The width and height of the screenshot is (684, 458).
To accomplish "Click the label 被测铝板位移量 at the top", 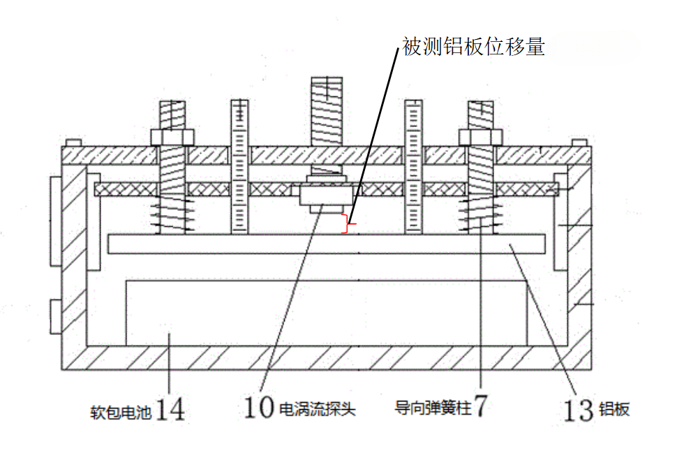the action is click(473, 46).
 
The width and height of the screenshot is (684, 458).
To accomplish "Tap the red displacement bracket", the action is click(348, 224).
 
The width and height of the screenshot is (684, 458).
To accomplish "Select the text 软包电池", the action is click(121, 412).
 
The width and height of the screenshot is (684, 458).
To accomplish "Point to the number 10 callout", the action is click(259, 408).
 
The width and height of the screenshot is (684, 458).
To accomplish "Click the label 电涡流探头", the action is click(317, 409).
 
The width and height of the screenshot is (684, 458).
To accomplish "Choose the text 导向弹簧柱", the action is click(433, 408).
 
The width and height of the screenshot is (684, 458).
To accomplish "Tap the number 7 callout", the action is click(480, 406).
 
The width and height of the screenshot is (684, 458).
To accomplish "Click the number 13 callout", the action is click(579, 411).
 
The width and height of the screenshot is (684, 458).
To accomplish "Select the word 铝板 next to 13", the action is click(614, 409).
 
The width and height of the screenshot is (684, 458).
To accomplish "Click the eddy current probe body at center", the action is click(327, 195).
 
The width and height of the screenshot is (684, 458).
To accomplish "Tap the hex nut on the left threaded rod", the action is click(172, 137).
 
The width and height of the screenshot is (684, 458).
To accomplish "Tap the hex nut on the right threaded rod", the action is click(480, 137).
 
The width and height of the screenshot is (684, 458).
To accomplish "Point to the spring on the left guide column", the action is click(172, 214).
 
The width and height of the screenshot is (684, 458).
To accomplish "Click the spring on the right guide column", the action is click(480, 214).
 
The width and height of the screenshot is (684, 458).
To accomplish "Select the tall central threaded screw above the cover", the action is click(327, 112).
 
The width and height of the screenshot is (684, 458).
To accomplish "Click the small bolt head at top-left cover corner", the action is click(73, 143).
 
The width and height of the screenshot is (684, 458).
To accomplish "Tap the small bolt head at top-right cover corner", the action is click(579, 143).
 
